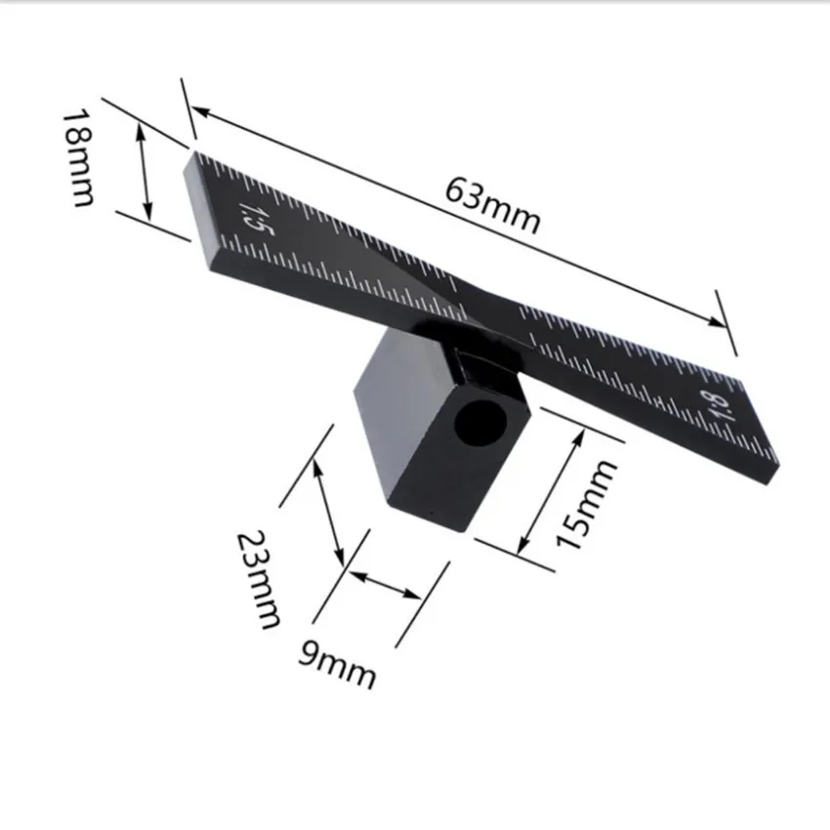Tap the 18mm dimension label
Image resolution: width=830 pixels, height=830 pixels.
click(x=78, y=157)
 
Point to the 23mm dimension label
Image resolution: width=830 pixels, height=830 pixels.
click(x=258, y=579)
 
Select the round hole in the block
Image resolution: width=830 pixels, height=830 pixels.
click(x=480, y=423)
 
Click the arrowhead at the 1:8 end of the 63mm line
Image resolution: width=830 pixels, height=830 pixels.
click(x=718, y=321)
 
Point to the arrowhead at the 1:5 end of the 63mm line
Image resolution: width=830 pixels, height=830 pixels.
click(x=200, y=111)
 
